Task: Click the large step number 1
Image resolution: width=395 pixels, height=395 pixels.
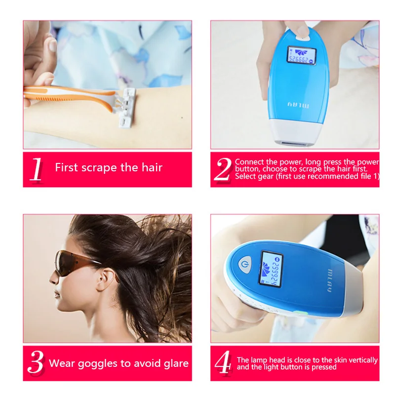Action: coord(36,169)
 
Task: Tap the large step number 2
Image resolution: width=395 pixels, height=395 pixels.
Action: coord(223,169)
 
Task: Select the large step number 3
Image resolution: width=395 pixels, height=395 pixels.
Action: coord(36,362)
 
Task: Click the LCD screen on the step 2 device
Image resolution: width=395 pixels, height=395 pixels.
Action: coord(302,55)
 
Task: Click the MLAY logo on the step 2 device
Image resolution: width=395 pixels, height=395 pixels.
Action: coord(298,105)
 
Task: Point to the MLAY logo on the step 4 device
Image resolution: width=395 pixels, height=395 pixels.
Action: coord(330,280)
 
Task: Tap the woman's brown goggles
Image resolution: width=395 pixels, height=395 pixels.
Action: coord(76,262)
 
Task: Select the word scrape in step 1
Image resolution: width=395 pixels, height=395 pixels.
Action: coord(100,167)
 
